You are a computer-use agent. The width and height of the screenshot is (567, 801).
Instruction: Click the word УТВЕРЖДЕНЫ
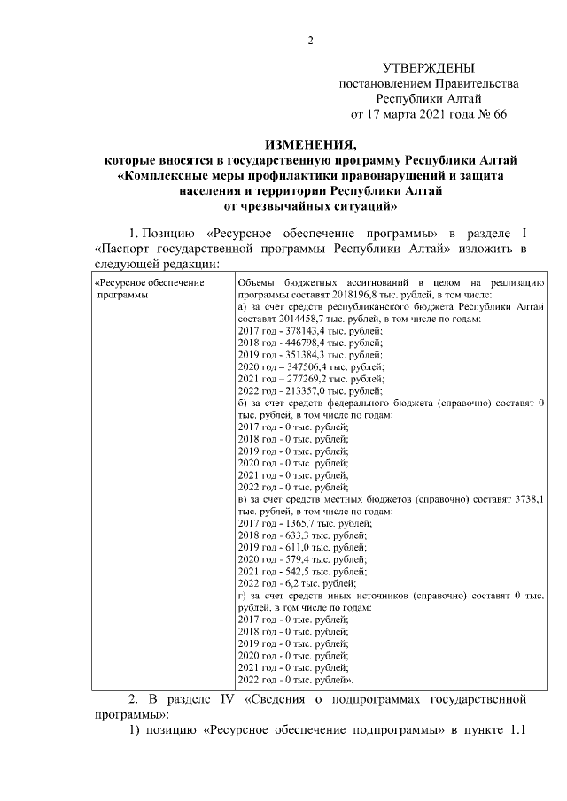429,67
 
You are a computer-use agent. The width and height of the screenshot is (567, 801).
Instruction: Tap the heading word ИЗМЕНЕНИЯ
311,144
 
